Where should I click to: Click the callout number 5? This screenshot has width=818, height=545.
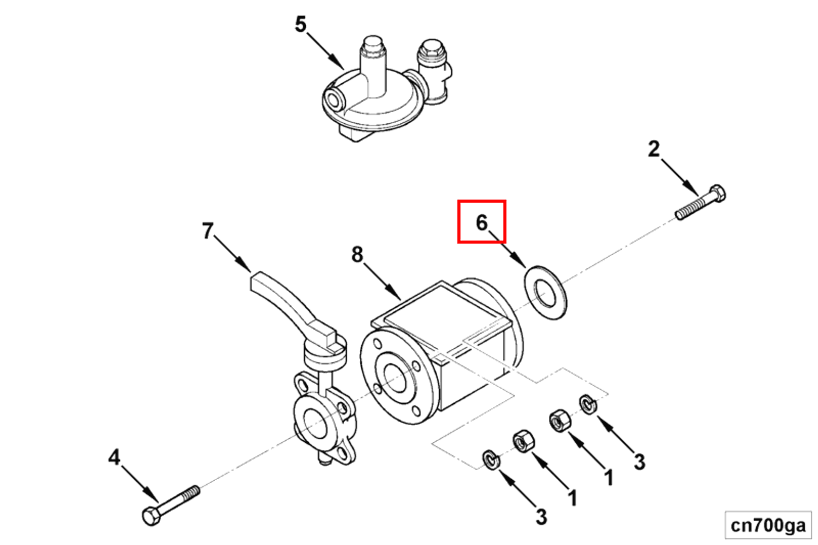coord(301,24)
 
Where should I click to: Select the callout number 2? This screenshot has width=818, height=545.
coord(654,149)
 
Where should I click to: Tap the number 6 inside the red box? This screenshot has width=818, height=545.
coord(481,223)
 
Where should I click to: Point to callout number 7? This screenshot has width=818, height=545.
coord(208,231)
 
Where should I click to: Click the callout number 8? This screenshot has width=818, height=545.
coord(357,254)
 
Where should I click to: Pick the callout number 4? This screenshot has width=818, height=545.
coord(114,457)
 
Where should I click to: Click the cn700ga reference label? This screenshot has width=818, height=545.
coord(768,525)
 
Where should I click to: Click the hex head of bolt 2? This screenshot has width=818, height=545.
coord(717,193)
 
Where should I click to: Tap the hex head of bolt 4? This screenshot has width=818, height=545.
coord(151,515)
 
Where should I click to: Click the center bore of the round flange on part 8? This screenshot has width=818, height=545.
coord(395,376)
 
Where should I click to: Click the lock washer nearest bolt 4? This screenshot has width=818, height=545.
coord(491,460)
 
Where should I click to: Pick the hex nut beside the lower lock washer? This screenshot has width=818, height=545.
coord(523,441)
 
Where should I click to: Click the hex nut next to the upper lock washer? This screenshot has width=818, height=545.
coord(560,420)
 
